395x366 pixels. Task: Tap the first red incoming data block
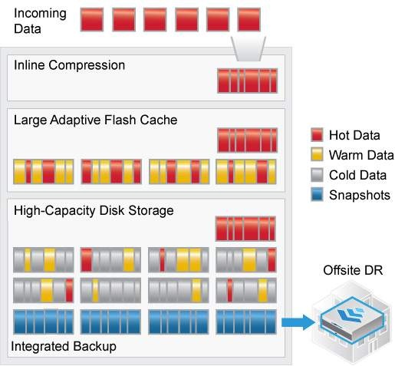coord(92,19)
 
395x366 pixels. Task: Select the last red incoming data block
coord(249,19)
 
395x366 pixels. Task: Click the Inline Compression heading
coord(69,65)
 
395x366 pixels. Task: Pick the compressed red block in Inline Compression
coord(246,81)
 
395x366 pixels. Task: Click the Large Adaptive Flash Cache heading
coord(95,120)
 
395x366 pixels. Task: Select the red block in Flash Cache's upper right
coord(246,140)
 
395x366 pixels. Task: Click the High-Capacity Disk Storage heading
coord(94,209)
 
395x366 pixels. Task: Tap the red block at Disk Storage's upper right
coord(246,229)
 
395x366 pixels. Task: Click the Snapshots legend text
coord(359,195)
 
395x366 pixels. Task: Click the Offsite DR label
coord(353,271)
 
